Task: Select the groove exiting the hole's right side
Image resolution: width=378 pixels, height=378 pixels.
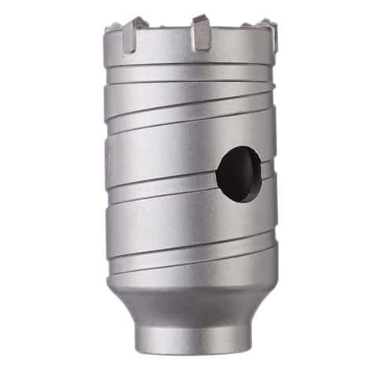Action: (x=269, y=166)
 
